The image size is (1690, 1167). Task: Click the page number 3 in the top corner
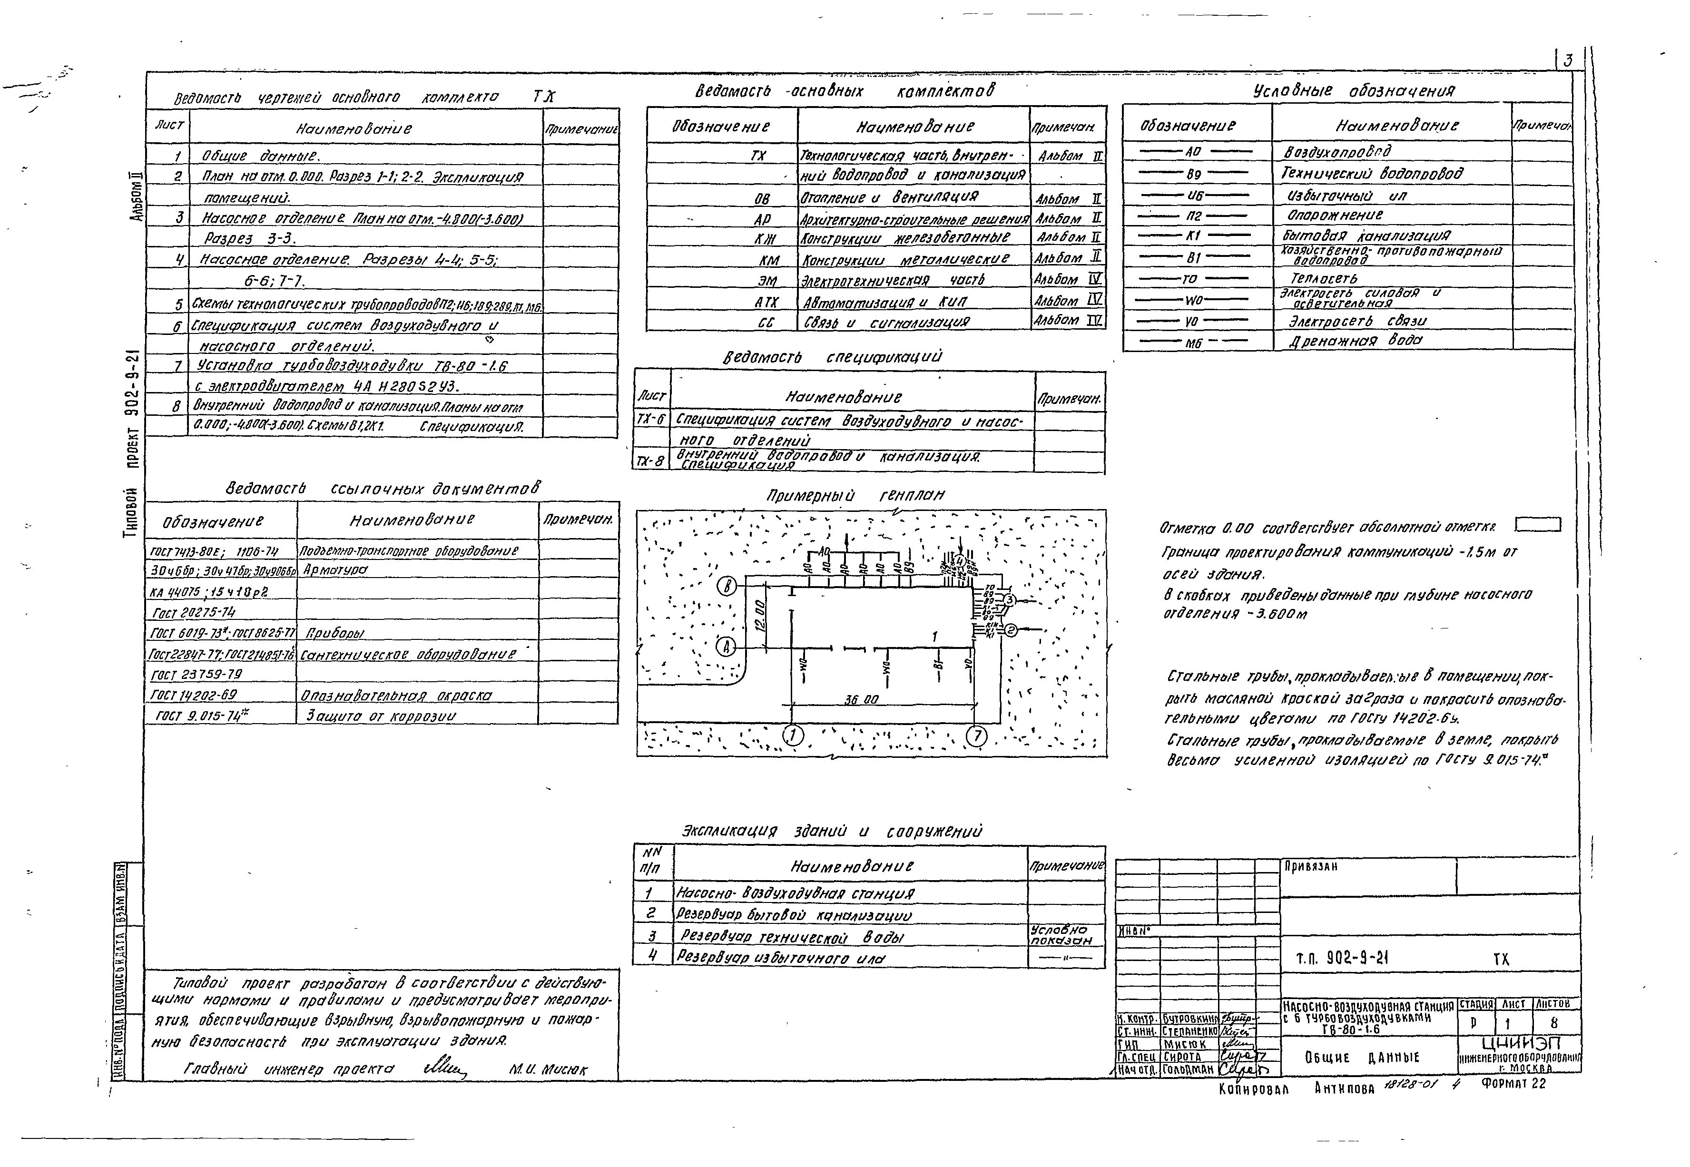(x=1567, y=61)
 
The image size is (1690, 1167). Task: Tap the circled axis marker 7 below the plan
(x=976, y=736)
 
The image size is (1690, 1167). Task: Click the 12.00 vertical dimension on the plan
(x=760, y=616)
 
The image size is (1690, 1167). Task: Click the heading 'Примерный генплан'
(x=855, y=496)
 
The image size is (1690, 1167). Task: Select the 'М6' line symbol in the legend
(x=1193, y=342)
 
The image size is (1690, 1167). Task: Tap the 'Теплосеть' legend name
(x=1324, y=279)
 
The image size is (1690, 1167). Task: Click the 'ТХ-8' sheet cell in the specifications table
(x=650, y=461)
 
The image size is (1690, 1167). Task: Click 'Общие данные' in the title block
(x=1362, y=1057)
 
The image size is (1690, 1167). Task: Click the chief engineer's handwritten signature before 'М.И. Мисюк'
(x=443, y=1069)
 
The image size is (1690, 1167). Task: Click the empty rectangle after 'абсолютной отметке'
(x=1537, y=525)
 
